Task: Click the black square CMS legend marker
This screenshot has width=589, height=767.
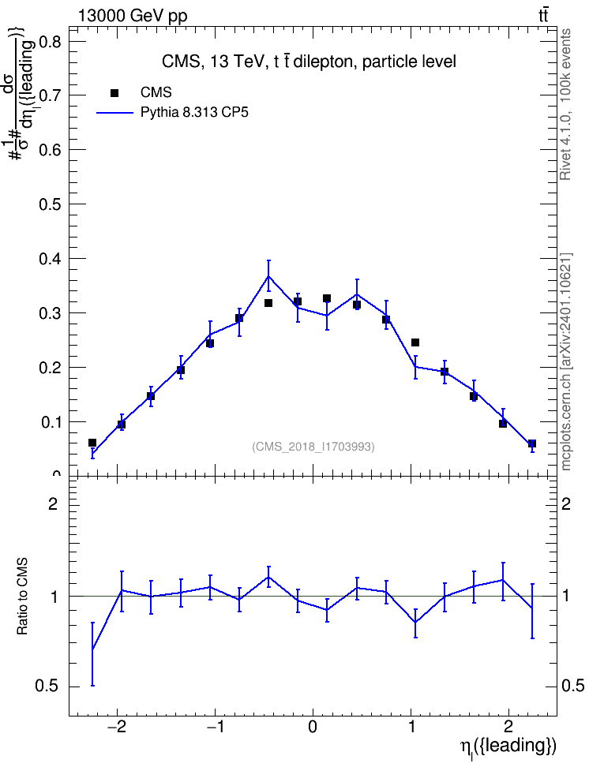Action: coord(114,92)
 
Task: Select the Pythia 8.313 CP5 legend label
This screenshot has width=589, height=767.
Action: coord(194,113)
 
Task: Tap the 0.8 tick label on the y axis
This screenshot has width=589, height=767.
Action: coord(50,41)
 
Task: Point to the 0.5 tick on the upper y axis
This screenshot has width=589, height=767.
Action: coord(50,204)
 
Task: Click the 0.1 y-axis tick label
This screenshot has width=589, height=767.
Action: coord(50,421)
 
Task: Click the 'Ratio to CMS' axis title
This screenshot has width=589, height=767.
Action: coord(22,597)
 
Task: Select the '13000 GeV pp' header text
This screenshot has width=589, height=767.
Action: coord(133,16)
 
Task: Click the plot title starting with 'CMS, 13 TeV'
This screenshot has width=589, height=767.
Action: coord(309,62)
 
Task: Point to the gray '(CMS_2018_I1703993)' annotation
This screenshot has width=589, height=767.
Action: coord(313,447)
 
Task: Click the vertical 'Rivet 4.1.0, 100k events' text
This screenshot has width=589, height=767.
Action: coord(565,104)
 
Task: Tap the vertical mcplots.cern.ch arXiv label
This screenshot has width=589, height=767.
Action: coord(565,361)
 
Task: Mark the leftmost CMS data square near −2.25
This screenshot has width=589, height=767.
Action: coord(92,443)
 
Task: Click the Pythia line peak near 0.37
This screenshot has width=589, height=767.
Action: coord(268,276)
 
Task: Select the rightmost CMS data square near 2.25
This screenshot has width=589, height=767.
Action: coord(532,443)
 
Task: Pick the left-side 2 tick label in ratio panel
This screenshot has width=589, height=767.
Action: coord(53,503)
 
